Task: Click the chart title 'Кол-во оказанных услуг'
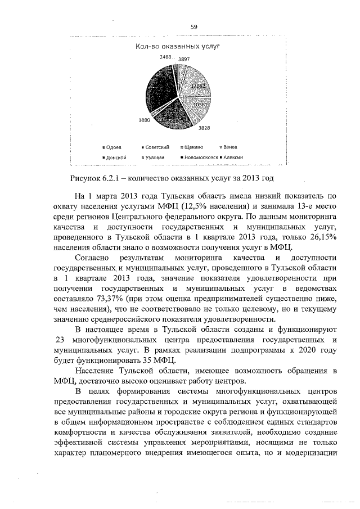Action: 177,47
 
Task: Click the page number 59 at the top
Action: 193,26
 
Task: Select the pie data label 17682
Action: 197,85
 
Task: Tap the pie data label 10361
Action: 201,105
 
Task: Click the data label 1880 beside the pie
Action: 144,120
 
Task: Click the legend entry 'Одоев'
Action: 114,147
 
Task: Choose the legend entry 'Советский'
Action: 157,147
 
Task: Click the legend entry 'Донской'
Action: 115,157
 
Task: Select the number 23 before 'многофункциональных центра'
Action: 62,340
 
